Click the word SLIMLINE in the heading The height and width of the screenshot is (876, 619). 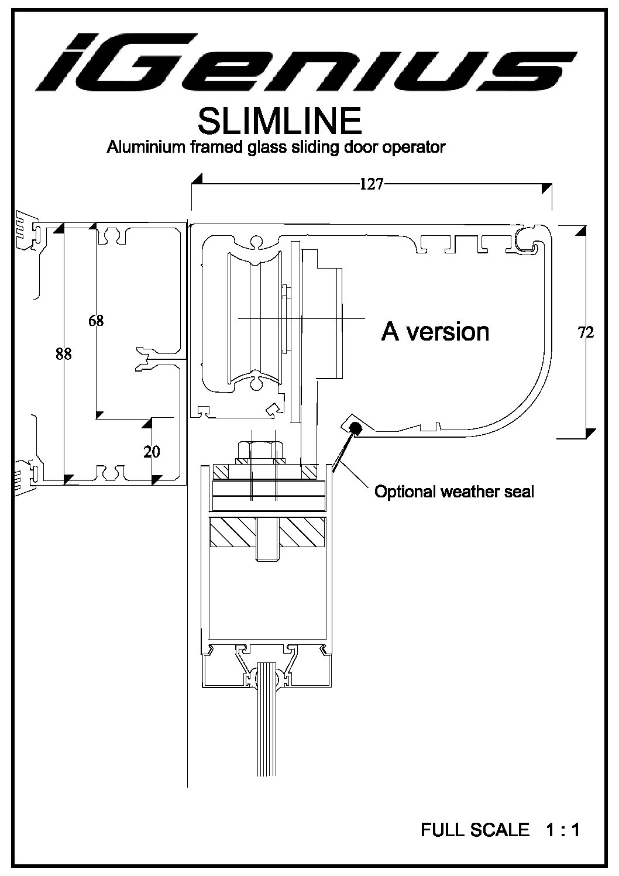coord(280,121)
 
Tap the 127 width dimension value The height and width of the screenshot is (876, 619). coord(371,184)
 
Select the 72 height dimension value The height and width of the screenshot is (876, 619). coord(585,332)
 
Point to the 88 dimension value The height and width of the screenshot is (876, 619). coord(63,353)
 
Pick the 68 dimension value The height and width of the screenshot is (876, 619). coord(96,321)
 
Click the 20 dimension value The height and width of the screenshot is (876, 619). coord(151,452)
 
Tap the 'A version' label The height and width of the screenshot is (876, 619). coord(435,332)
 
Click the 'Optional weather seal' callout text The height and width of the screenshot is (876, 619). coord(454,492)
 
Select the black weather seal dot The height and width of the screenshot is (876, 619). coord(355,428)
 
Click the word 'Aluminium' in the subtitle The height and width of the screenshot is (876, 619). coord(145,147)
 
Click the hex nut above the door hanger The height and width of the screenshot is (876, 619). coord(260,451)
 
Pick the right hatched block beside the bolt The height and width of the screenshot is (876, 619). coord(302,533)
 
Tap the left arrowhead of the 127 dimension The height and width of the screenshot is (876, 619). coord(197,178)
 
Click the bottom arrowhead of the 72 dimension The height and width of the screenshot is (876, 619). coord(590,434)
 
